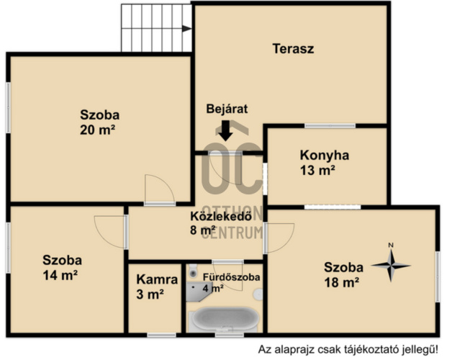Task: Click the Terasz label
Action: [293, 49]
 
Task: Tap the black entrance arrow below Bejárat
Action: [226, 130]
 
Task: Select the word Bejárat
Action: [227, 109]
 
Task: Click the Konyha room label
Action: [324, 155]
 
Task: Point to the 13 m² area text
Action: [317, 171]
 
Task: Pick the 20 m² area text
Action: [97, 130]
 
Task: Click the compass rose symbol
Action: [391, 266]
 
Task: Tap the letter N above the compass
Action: [391, 246]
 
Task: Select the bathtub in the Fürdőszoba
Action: [225, 319]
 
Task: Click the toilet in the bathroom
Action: [193, 271]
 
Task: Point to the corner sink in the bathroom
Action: [198, 292]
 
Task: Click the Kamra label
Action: [157, 279]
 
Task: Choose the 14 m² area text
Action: [60, 275]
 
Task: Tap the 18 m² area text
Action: [342, 282]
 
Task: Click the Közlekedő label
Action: [221, 216]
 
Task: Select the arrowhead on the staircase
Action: [186, 29]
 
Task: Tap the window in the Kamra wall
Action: [162, 335]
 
